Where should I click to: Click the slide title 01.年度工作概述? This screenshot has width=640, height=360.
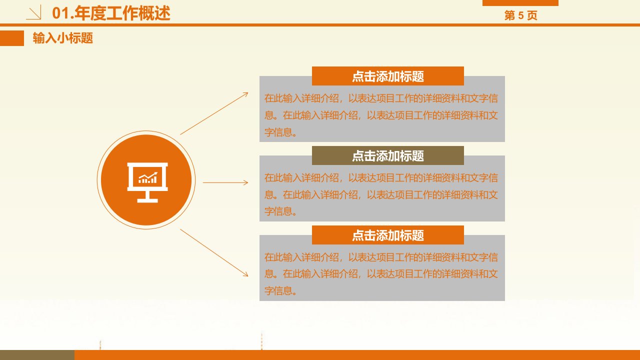click(x=111, y=13)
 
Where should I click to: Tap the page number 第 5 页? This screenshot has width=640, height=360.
click(x=520, y=15)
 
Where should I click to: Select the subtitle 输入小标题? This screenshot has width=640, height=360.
click(x=63, y=38)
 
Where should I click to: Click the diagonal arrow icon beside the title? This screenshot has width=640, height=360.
click(x=33, y=12)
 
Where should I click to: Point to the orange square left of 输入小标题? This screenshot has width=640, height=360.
click(x=12, y=38)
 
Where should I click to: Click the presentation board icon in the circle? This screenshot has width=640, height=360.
click(x=147, y=182)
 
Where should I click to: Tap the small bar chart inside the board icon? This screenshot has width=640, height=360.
click(x=147, y=177)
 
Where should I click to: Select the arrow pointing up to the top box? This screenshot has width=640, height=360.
click(x=214, y=113)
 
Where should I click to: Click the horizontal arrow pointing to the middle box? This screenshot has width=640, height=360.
click(x=225, y=182)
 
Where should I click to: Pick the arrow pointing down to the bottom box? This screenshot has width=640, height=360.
click(x=214, y=253)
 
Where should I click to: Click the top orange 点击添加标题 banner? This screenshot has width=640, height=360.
click(x=387, y=76)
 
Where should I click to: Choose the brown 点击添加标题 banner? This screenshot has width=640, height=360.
click(x=387, y=155)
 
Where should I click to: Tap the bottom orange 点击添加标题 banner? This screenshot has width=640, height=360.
click(x=387, y=235)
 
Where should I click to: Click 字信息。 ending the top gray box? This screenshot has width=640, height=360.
click(x=280, y=132)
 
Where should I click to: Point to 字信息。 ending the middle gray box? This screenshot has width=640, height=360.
click(x=280, y=211)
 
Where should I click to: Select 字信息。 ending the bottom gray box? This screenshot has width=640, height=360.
click(x=280, y=291)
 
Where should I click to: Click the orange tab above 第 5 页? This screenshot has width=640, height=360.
click(x=520, y=3)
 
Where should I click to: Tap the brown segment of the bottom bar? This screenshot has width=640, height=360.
click(x=37, y=355)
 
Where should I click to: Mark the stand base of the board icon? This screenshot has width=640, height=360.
click(x=147, y=200)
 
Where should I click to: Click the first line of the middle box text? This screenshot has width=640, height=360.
click(x=381, y=178)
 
